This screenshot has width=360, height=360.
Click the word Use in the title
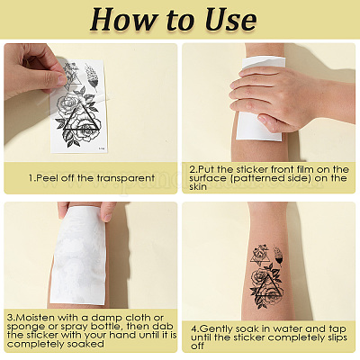coord(230,20)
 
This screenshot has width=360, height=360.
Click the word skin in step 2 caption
coord(198,186)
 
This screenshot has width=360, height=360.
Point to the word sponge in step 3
coord(24,327)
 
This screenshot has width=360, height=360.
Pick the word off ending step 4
coord(197,346)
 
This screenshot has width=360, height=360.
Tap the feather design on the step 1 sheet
coord(91,77)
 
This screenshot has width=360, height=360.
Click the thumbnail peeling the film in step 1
coord(62,80)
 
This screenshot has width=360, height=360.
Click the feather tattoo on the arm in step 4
coord(278,256)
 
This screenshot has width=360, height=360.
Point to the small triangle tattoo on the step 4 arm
coord(259,255)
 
